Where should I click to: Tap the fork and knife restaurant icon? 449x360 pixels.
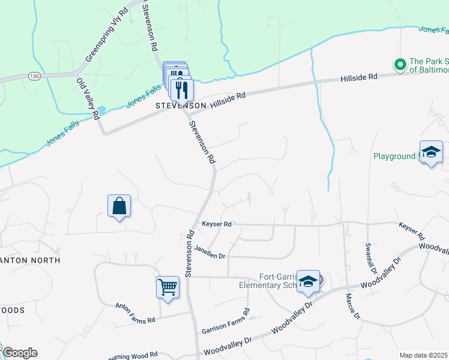181,90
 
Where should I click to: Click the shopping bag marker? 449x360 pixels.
119,206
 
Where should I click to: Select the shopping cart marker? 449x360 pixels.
167,286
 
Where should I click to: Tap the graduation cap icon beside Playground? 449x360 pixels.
431,152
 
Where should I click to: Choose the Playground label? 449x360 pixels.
394,156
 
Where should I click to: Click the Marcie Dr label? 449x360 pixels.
353,306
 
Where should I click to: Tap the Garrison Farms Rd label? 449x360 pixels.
226,323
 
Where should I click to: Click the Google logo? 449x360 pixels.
20,353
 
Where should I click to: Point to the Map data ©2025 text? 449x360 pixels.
423,355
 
